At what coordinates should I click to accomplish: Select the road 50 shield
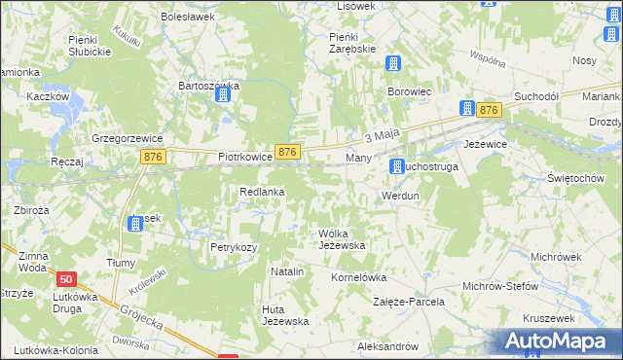coord(65,278)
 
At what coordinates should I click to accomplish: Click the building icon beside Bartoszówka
coord(224,95)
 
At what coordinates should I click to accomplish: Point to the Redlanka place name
coord(262,192)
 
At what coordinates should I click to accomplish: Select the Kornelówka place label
coord(359,276)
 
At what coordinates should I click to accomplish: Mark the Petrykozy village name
coord(234,247)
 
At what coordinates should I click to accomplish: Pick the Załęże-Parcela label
coord(410,302)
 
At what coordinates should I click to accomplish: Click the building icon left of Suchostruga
coord(397,167)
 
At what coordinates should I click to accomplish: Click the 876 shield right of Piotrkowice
coord(287,153)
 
